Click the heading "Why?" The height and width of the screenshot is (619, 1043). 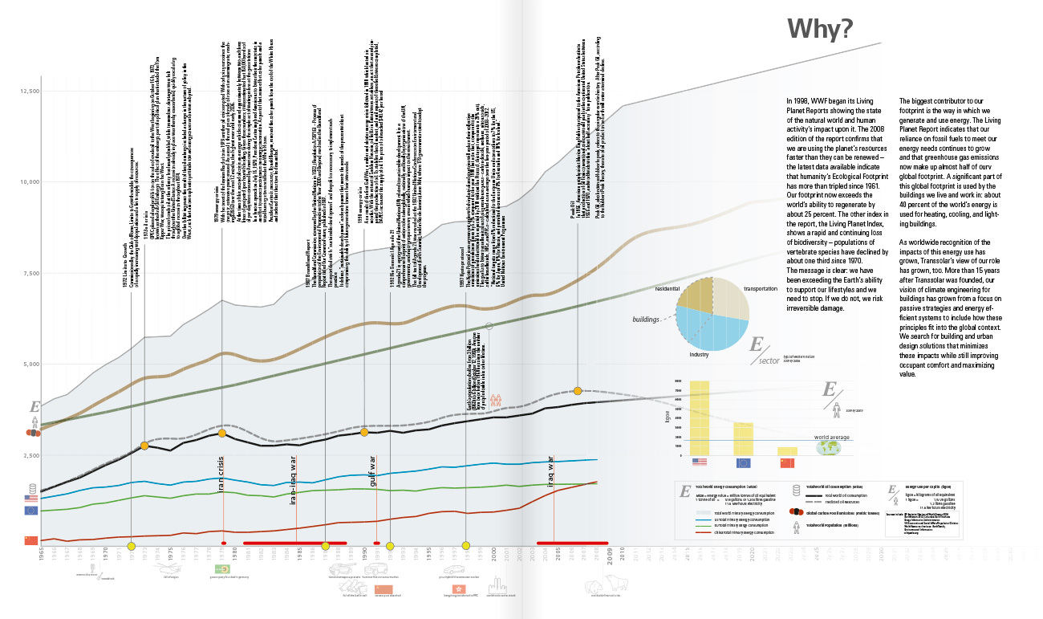(x=819, y=29)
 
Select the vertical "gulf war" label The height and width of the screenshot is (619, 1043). (x=373, y=472)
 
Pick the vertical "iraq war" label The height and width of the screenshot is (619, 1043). (x=551, y=473)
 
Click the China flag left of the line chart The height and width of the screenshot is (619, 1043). (x=31, y=540)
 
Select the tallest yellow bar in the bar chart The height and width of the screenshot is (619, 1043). (x=700, y=417)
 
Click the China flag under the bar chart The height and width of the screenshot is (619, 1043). (x=787, y=463)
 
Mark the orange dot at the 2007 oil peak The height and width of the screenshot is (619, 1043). (x=578, y=391)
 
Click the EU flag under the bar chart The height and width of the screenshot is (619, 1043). (x=743, y=463)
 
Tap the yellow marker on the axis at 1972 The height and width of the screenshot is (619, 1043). (x=131, y=547)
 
